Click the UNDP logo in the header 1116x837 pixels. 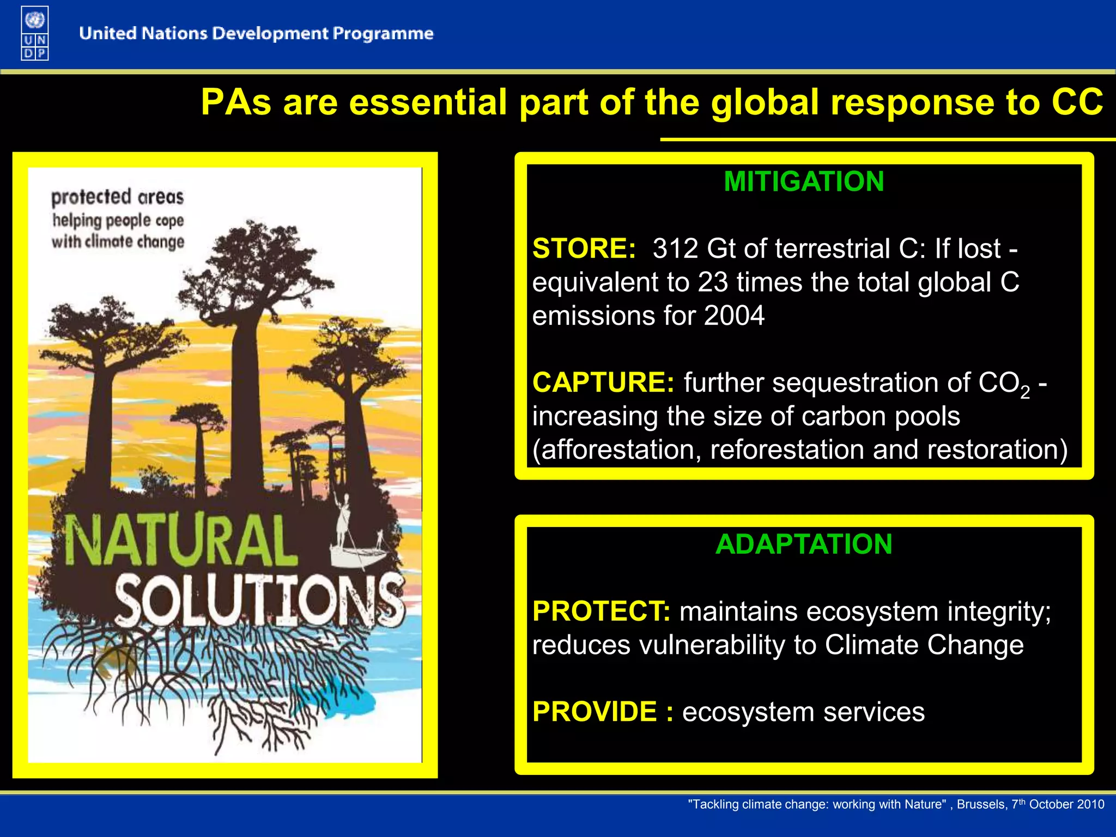pyautogui.click(x=35, y=33)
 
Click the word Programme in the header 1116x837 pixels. pyautogui.click(x=383, y=34)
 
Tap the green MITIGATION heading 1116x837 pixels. pyautogui.click(x=804, y=181)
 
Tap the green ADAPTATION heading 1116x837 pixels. pyautogui.click(x=804, y=544)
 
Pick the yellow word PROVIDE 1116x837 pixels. pyautogui.click(x=595, y=712)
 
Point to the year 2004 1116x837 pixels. pyautogui.click(x=734, y=316)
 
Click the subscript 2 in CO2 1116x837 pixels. pyautogui.click(x=1025, y=392)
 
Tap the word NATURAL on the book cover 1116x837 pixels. pyautogui.click(x=181, y=541)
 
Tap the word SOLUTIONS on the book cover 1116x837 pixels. pyautogui.click(x=259, y=599)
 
